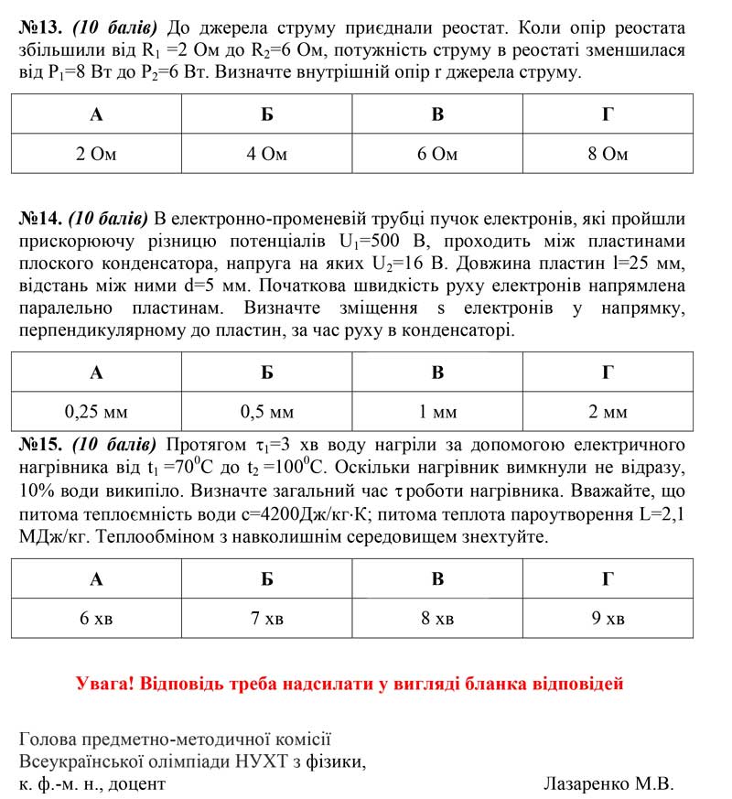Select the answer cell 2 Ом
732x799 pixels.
pyautogui.click(x=96, y=154)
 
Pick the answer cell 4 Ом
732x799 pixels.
pyautogui.click(x=267, y=154)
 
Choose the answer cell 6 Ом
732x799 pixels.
pyautogui.click(x=437, y=154)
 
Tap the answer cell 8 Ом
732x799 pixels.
pyautogui.click(x=608, y=154)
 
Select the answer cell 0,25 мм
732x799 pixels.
pyautogui.click(x=96, y=412)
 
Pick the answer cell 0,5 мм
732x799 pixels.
pyautogui.click(x=267, y=412)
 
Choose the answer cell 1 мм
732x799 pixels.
pyautogui.click(x=437, y=412)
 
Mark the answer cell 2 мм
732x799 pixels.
pyautogui.click(x=608, y=412)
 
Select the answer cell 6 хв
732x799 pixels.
pyautogui.click(x=96, y=619)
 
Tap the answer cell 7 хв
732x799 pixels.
pyautogui.click(x=267, y=619)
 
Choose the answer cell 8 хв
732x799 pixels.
pyautogui.click(x=437, y=619)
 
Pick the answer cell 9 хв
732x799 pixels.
pyautogui.click(x=608, y=619)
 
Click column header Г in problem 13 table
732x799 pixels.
pyautogui.click(x=608, y=114)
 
